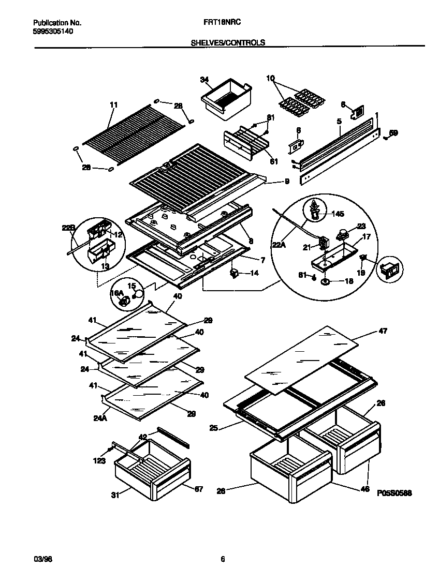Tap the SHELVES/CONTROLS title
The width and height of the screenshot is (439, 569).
tap(228, 43)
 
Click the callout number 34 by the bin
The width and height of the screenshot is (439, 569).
tap(204, 79)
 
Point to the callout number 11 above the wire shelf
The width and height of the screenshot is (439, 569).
tap(114, 104)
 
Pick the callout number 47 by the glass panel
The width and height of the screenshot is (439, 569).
tap(383, 331)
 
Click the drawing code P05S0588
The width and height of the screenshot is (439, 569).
tap(394, 493)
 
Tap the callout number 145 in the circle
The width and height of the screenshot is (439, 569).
tap(337, 214)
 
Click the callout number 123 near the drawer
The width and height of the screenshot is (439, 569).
tap(100, 461)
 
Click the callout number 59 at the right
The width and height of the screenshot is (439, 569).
tap(394, 133)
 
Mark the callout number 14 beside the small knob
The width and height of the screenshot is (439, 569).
tap(254, 273)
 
